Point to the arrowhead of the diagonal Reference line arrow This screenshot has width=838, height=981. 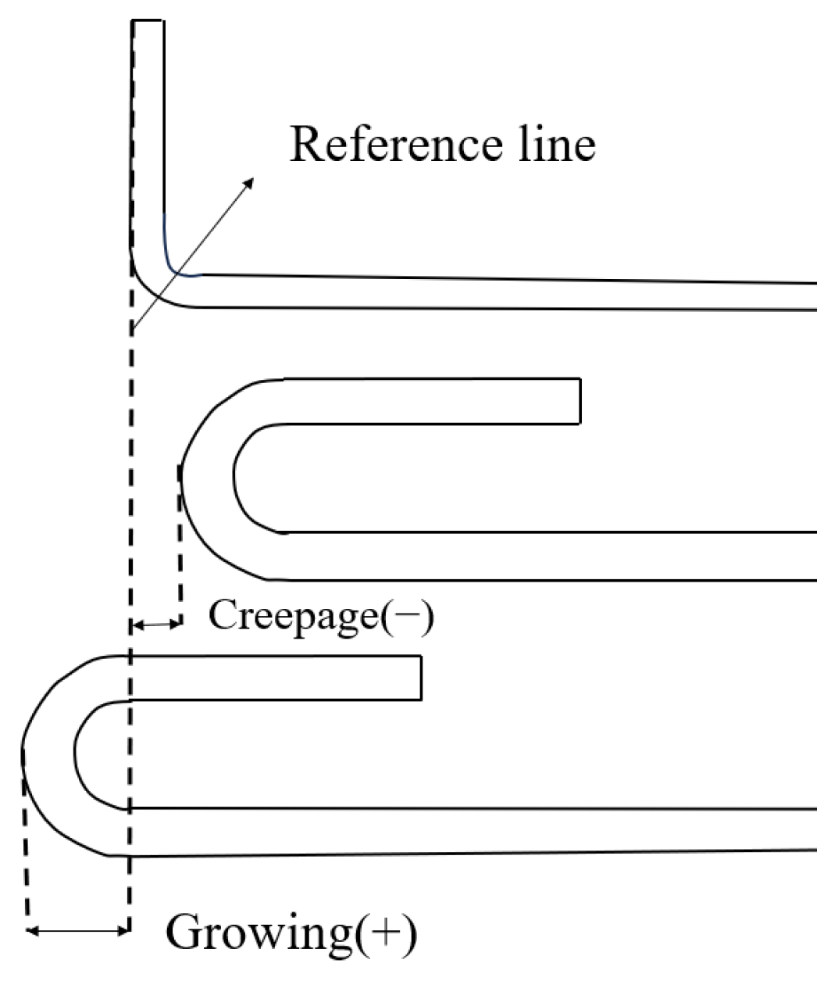tap(251, 181)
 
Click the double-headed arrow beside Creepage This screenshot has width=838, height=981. tap(156, 624)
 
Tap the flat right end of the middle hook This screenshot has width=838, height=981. tap(579, 401)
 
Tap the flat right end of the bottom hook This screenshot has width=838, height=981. tap(421, 677)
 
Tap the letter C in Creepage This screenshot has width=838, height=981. tap(221, 616)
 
